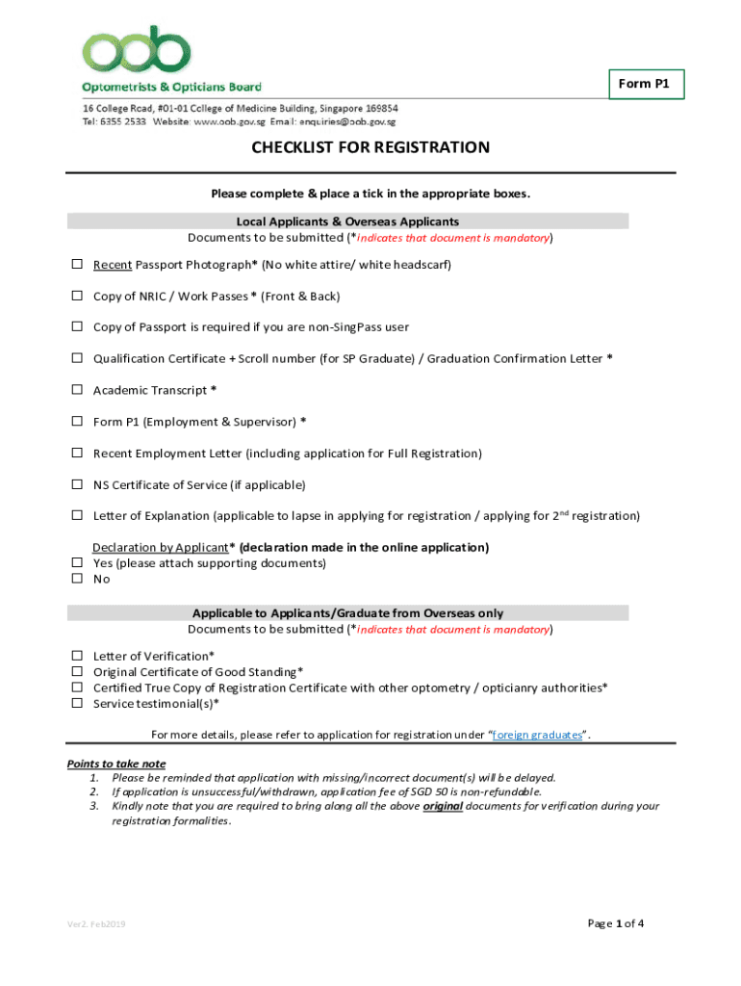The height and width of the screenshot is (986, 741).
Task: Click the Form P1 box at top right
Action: [650, 85]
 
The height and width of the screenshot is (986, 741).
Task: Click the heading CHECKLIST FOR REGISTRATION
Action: [370, 147]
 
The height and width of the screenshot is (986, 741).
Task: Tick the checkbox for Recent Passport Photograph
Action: [76, 265]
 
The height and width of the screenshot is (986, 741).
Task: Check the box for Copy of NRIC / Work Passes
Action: [76, 297]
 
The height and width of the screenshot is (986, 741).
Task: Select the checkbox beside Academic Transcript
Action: [76, 390]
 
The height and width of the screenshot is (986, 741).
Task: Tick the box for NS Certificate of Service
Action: [76, 484]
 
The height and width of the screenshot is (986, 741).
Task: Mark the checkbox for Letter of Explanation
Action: [76, 516]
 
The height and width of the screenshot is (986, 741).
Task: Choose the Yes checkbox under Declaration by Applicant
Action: [76, 563]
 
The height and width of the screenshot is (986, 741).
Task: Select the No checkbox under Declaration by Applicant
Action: [76, 579]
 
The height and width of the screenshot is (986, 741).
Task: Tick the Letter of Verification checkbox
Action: [76, 657]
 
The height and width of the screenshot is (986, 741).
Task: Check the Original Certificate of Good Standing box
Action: [76, 672]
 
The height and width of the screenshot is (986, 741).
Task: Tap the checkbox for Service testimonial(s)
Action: [76, 703]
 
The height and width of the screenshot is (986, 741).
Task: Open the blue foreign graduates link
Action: [537, 735]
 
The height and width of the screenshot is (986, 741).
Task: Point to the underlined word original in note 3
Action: [444, 806]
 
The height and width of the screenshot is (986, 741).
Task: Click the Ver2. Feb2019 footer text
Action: [96, 924]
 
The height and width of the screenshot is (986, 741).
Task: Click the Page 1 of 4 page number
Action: [615, 923]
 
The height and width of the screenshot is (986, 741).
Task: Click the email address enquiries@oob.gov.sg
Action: [348, 122]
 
